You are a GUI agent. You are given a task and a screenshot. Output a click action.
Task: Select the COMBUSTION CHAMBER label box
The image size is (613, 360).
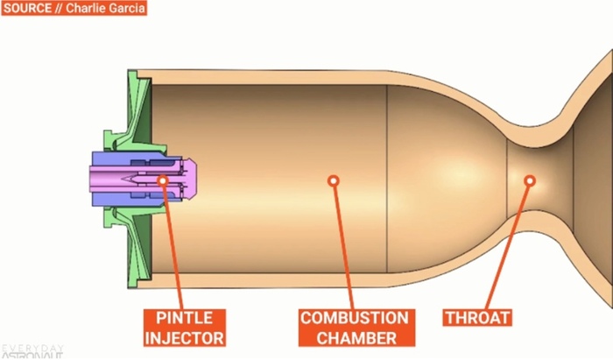pyautogui.click(x=354, y=327)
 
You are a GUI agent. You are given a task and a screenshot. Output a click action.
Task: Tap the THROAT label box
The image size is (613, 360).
pyautogui.click(x=476, y=317)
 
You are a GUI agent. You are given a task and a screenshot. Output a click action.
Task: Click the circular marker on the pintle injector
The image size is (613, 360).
pyautogui.click(x=163, y=180)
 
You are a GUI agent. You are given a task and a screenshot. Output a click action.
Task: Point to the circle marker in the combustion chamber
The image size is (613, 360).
pyautogui.click(x=333, y=180)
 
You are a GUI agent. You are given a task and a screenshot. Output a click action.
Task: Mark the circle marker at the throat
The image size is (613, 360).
pyautogui.click(x=529, y=180)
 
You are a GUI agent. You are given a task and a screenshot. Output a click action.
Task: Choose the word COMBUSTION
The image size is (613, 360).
pyautogui.click(x=354, y=317)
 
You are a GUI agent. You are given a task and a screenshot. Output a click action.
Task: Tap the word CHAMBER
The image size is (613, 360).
pyautogui.click(x=354, y=336)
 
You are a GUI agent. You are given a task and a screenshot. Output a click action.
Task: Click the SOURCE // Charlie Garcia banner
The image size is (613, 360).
pyautogui.click(x=74, y=9)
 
